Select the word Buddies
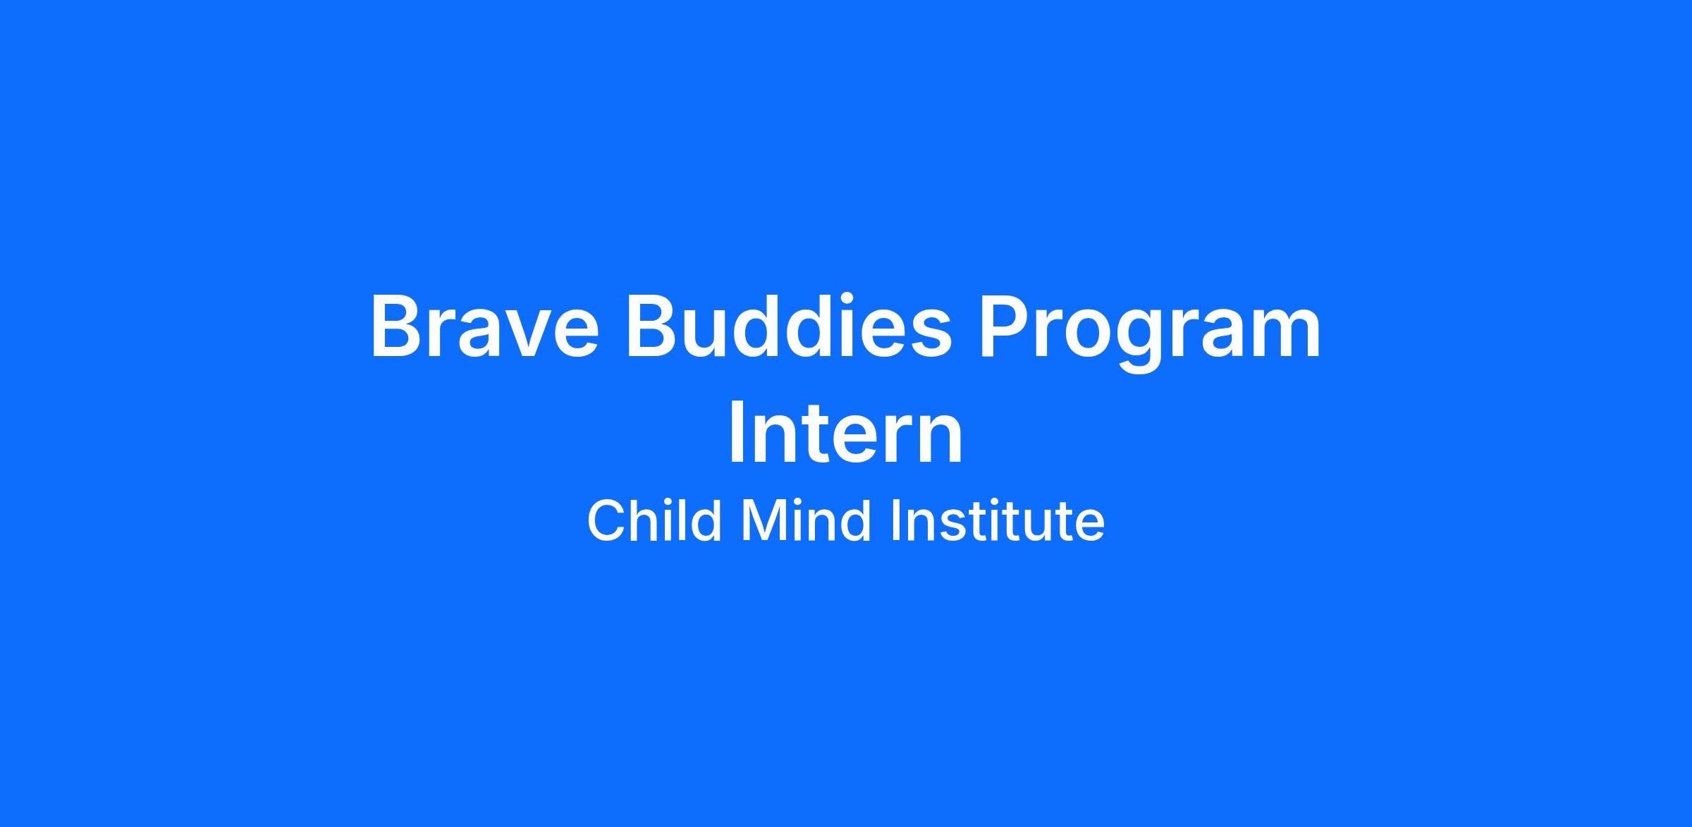[789, 326]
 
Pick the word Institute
[998, 520]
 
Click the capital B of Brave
[398, 326]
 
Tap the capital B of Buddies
[653, 326]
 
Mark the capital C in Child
[607, 520]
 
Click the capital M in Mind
[764, 520]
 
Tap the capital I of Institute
[897, 520]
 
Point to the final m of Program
[1285, 334]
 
